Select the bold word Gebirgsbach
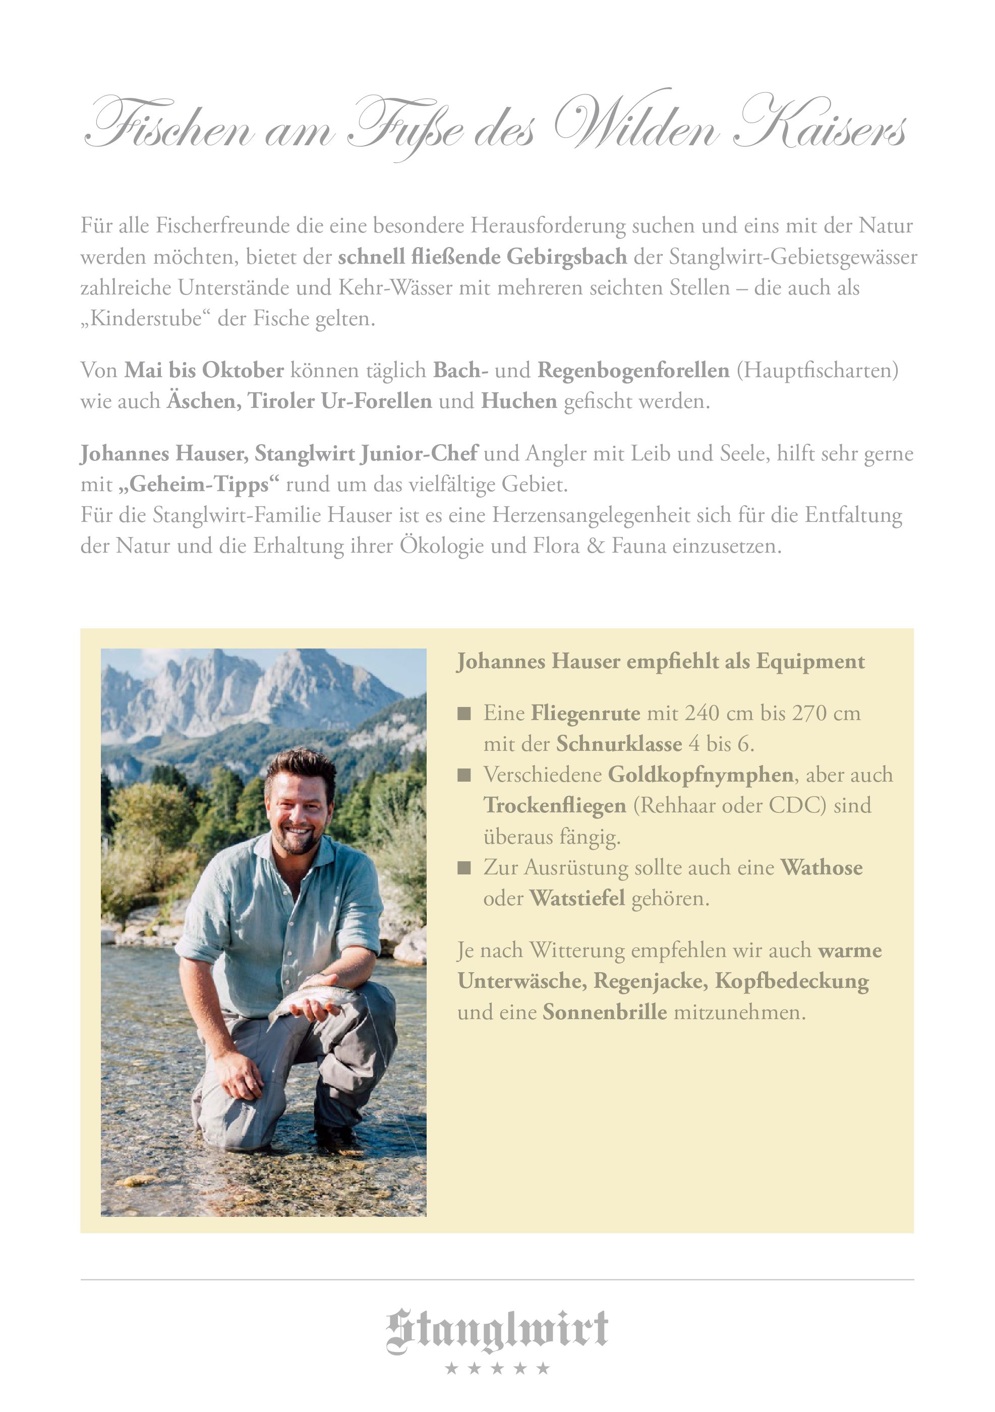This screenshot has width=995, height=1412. coord(566,257)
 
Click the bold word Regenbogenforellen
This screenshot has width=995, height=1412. coord(633,370)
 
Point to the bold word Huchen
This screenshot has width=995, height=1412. coord(518,401)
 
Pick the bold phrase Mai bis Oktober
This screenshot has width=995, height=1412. coord(204,370)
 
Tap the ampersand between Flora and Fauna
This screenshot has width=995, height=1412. coord(595,546)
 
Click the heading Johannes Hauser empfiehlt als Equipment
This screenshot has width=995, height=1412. coord(661,662)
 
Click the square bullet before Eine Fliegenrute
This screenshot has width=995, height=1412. coord(464,714)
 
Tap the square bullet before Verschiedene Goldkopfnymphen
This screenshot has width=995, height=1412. coord(464,775)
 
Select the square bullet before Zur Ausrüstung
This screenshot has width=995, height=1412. coord(464,868)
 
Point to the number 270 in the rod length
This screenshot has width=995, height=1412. coord(809,714)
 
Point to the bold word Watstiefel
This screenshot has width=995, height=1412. coord(577,899)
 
